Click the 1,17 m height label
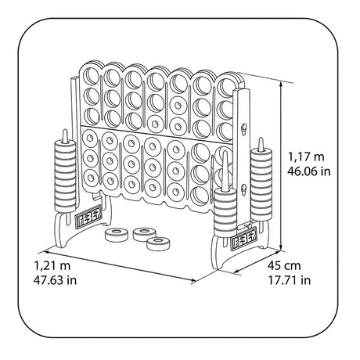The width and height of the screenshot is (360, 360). (306, 157)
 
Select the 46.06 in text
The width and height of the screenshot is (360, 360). (309, 171)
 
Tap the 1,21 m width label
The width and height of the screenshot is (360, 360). (52, 266)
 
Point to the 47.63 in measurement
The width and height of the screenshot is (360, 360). (55, 280)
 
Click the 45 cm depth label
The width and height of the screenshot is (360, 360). (284, 266)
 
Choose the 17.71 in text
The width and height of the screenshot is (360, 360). (290, 280)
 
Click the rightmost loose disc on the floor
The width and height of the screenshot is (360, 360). (158, 243)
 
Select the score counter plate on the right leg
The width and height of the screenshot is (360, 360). (243, 239)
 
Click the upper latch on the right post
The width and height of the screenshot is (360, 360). (244, 128)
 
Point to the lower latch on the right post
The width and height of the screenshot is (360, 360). (244, 189)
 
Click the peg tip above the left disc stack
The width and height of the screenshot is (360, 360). (65, 131)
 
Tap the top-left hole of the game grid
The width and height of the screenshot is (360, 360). (91, 76)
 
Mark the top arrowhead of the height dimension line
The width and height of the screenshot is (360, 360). (281, 84)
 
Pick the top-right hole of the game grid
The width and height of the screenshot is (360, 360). (225, 87)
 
